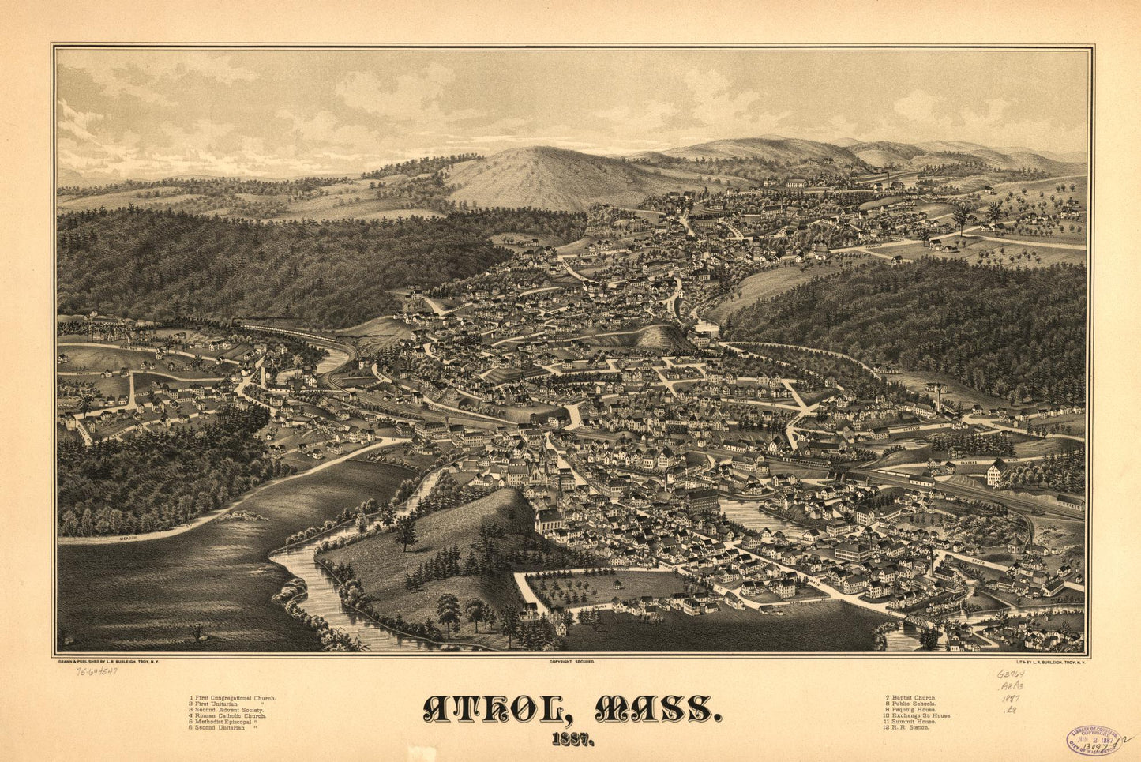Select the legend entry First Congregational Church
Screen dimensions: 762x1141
pos(232,699)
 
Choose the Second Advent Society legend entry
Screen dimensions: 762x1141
pos(226,710)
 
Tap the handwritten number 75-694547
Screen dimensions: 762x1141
pos(97,671)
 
